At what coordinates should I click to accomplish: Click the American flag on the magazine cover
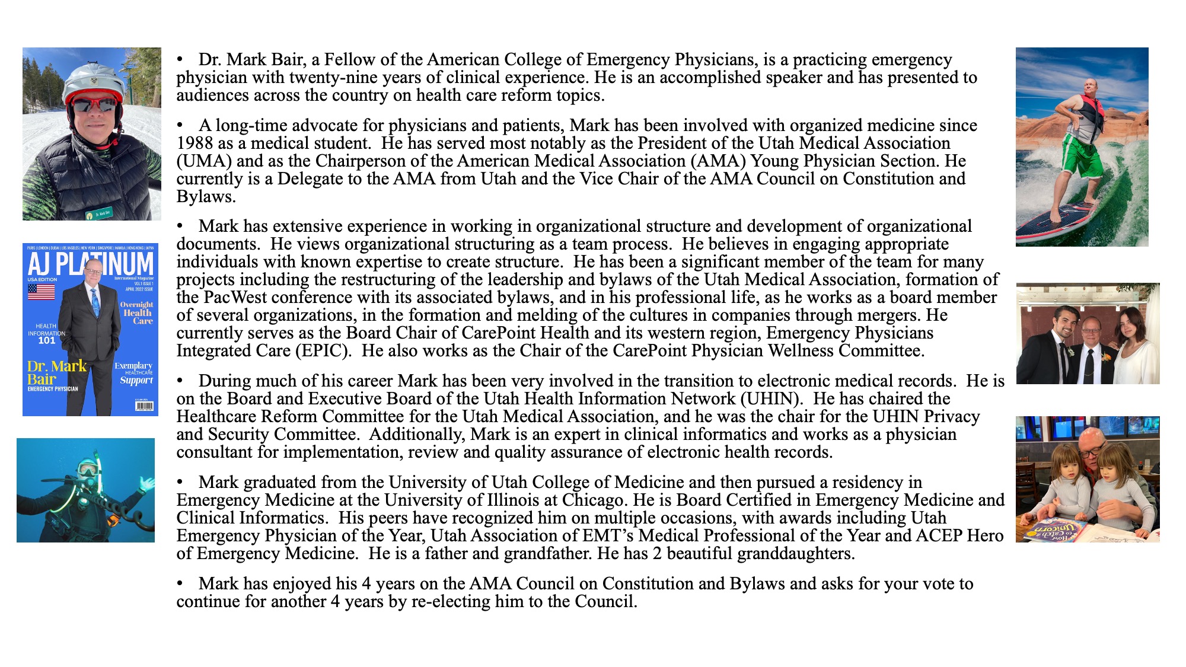[x=42, y=292]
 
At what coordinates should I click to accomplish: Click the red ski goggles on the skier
[x=93, y=106]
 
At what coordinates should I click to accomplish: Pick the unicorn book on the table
[x=1056, y=529]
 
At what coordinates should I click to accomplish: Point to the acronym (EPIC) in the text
[x=323, y=351]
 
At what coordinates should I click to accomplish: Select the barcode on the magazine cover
[x=144, y=406]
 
